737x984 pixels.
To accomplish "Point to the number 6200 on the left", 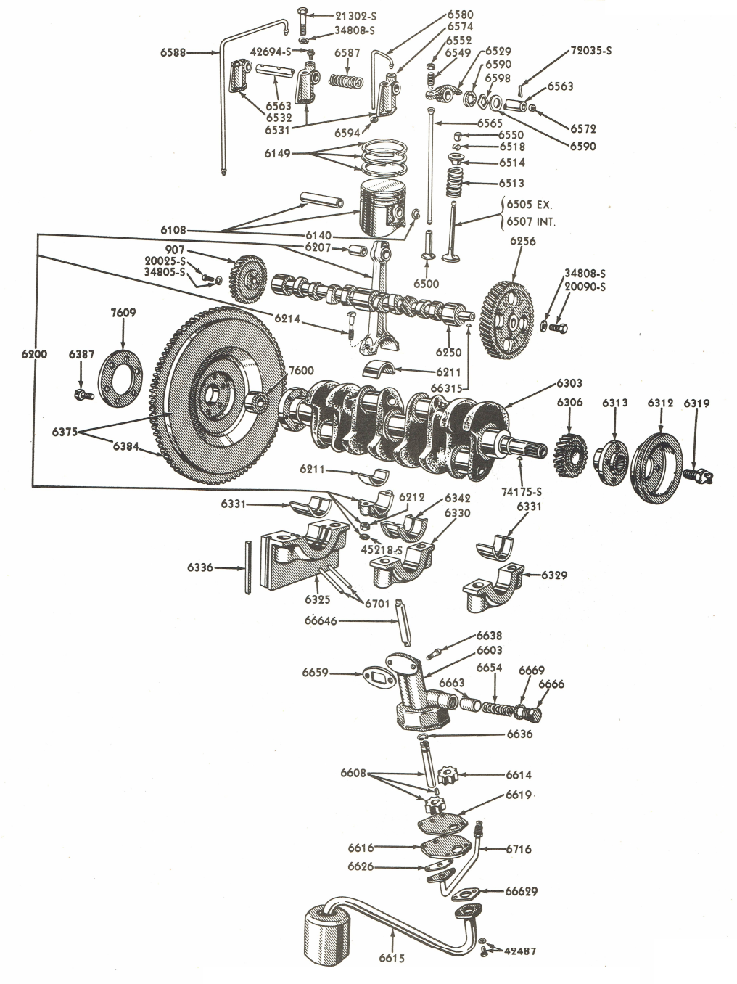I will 35,354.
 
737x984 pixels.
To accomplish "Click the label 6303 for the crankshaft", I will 569,382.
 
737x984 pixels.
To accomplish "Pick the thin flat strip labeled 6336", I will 248,567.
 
